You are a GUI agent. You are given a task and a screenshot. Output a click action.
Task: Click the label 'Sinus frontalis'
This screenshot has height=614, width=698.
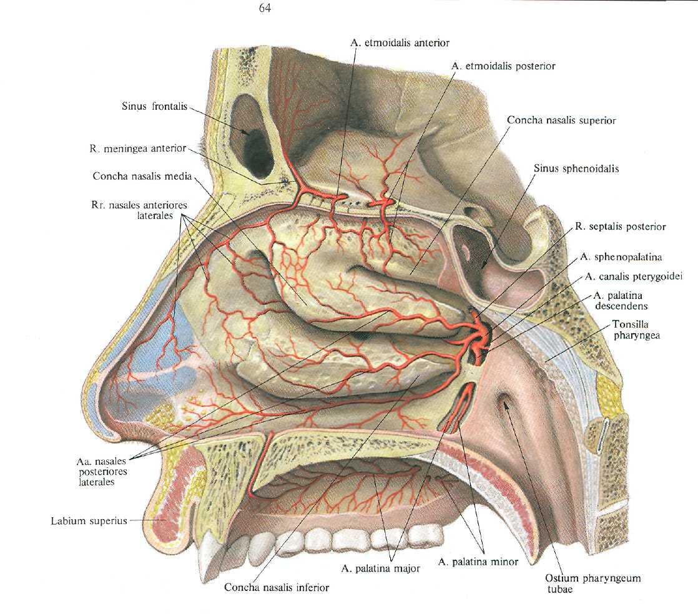point(154,107)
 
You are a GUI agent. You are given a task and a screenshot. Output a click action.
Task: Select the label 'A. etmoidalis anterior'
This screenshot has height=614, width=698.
point(400,43)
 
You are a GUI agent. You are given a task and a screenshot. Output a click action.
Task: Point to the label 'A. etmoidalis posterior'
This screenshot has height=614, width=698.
point(504,65)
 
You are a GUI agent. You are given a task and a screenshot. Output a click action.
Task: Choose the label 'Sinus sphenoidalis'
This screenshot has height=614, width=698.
point(576,168)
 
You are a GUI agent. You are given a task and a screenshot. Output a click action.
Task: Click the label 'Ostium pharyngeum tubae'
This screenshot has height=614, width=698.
point(588,583)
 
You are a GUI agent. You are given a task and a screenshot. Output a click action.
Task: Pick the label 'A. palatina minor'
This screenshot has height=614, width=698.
point(478,562)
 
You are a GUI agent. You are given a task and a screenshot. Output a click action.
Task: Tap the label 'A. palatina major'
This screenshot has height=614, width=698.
point(380,568)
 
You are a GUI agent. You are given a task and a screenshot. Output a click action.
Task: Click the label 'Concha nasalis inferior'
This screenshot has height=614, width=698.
point(277,587)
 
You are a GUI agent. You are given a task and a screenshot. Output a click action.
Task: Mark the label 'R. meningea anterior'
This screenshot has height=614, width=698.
point(137,149)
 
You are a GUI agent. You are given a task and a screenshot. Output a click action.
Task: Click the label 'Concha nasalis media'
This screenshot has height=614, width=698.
point(142,177)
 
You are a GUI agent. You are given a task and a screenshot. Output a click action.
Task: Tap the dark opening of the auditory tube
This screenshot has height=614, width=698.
point(507,409)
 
